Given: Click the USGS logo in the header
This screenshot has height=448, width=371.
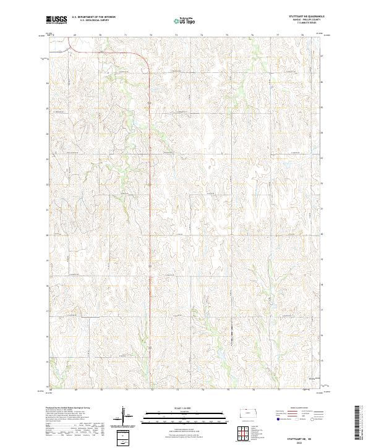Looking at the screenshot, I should pyautogui.click(x=56, y=20).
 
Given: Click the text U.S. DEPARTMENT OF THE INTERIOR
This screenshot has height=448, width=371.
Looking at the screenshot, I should pyautogui.click(x=93, y=17).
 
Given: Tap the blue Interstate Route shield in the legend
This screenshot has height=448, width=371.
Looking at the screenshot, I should pyautogui.click(x=279, y=419).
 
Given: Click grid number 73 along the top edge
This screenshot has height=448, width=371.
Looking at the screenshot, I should pyautogui.click(x=177, y=36).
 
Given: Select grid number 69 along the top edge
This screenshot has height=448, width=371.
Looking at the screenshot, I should pyautogui.click(x=75, y=36).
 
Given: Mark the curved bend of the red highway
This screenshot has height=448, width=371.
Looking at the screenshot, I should pyautogui.click(x=146, y=64).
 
